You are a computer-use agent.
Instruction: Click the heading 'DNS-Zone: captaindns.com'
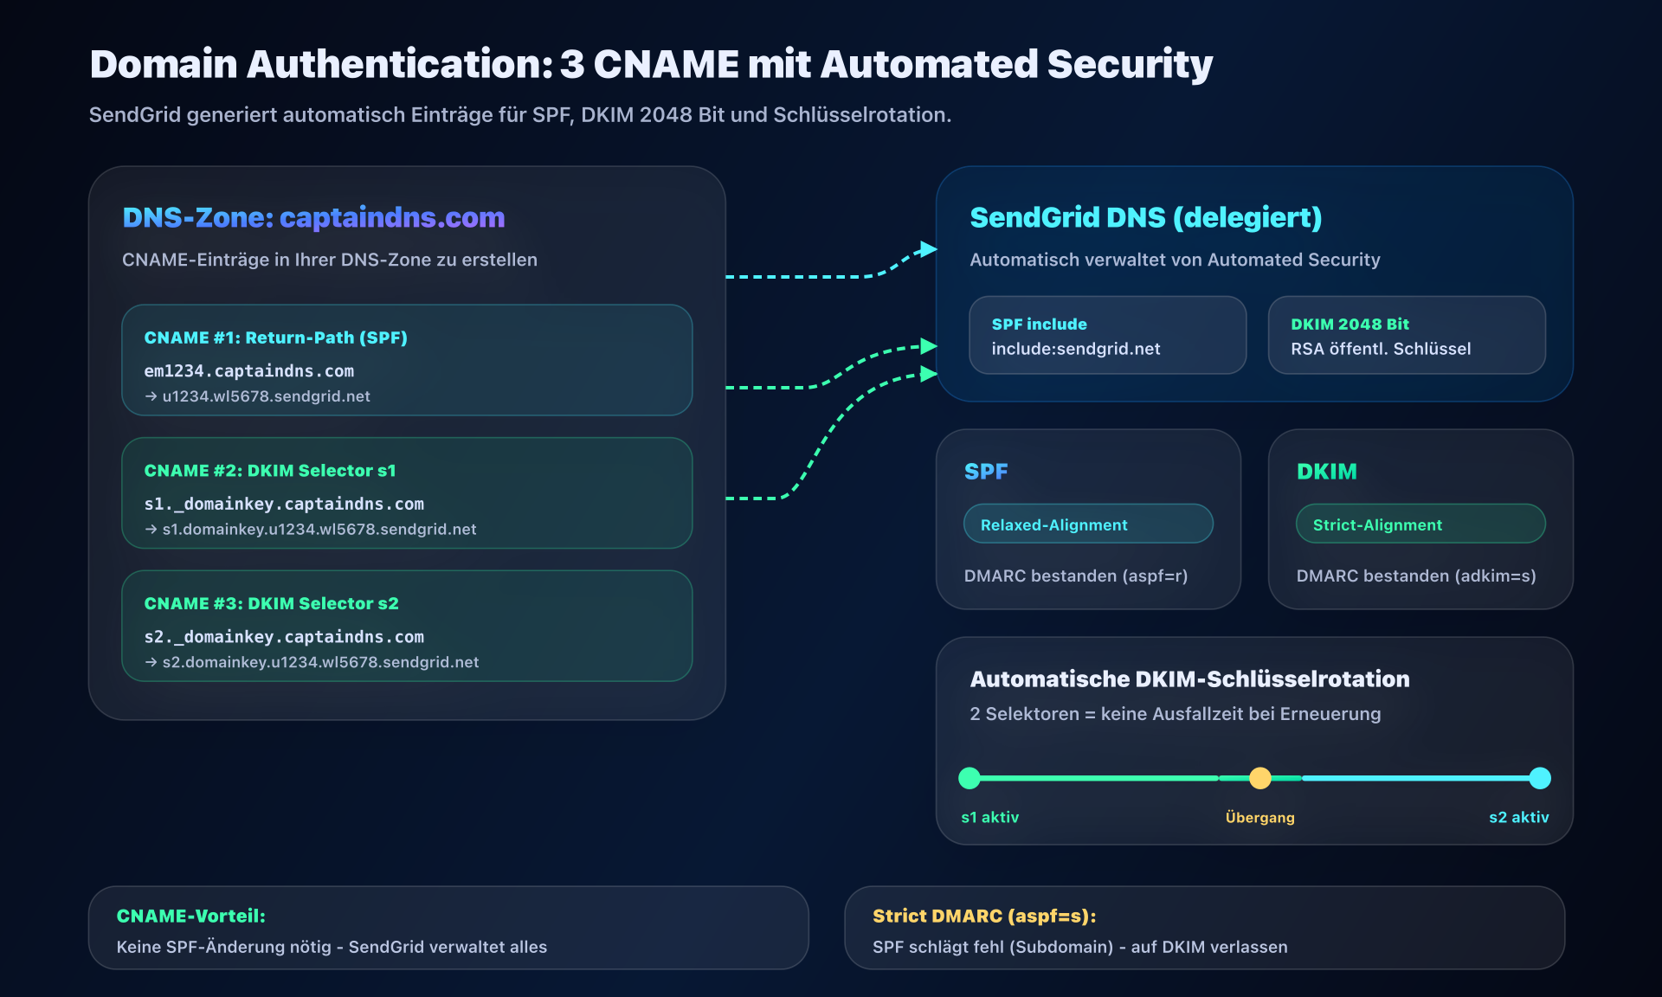[313, 217]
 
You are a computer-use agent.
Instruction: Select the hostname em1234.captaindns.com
[248, 370]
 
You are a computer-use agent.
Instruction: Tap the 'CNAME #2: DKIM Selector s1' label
[269, 471]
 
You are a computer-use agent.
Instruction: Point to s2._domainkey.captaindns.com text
[284, 637]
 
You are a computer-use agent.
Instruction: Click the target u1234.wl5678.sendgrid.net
[266, 396]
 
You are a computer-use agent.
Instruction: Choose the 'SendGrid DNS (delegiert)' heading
[1145, 217]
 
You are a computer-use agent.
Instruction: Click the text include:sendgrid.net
[1075, 349]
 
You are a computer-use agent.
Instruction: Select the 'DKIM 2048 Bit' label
[1350, 325]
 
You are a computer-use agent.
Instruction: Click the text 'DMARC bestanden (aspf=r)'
[1075, 576]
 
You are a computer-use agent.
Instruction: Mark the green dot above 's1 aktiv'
[969, 778]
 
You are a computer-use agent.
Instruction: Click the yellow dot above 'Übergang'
[1260, 778]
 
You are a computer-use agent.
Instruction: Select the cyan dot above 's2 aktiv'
[1540, 778]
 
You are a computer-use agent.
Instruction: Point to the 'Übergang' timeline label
[1259, 818]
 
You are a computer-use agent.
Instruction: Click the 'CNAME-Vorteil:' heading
[190, 916]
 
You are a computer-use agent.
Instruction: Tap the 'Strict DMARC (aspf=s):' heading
[984, 916]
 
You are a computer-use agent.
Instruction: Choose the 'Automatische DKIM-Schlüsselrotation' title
[1189, 679]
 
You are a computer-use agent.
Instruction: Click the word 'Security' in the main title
[1130, 64]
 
